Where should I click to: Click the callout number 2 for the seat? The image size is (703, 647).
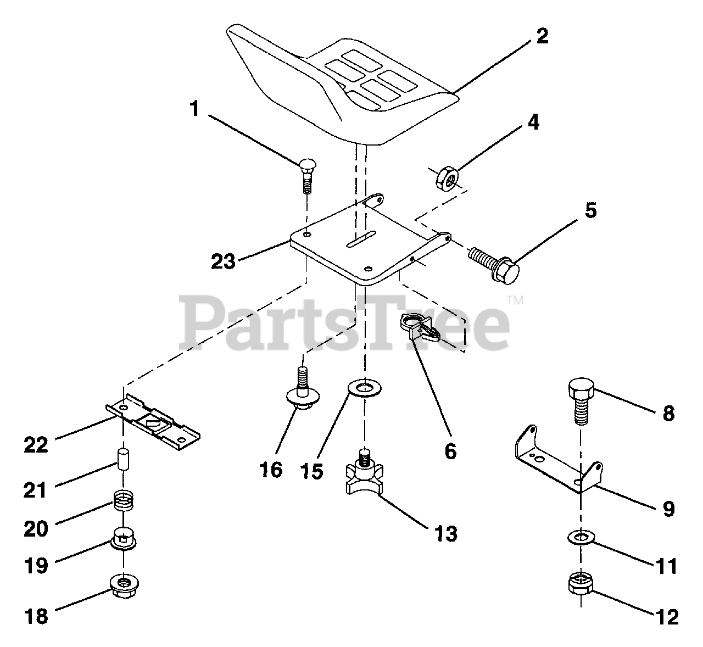click(541, 37)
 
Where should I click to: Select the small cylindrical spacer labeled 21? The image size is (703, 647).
click(124, 459)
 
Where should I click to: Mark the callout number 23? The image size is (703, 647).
click(224, 260)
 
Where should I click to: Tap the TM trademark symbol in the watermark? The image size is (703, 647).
click(515, 300)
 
